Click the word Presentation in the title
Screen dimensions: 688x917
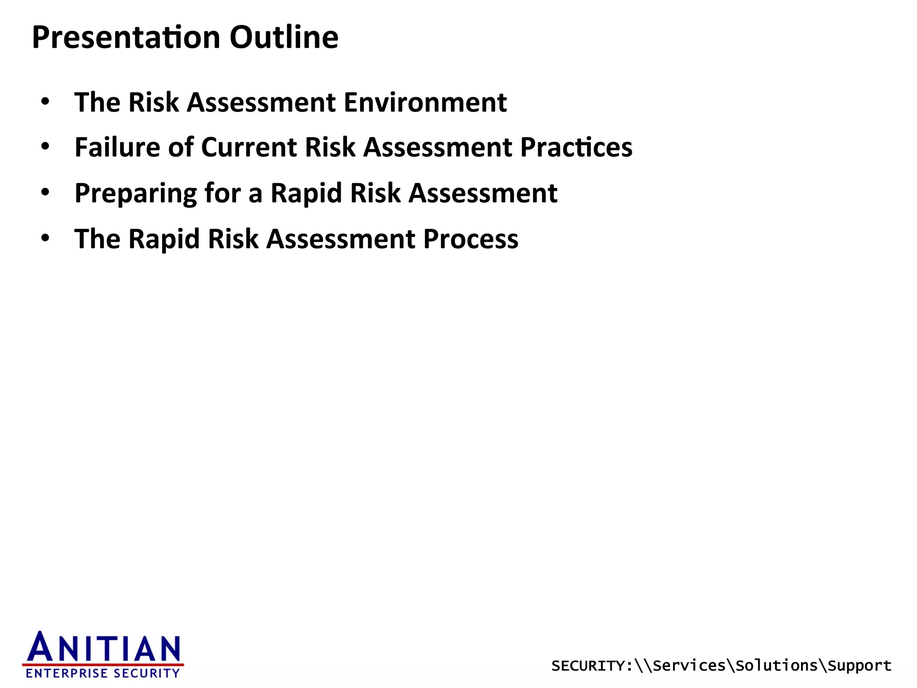pyautogui.click(x=126, y=38)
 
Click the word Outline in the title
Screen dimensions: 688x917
pyautogui.click(x=284, y=38)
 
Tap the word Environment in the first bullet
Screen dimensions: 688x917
pyautogui.click(x=425, y=103)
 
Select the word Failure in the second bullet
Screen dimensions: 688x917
pyautogui.click(x=117, y=147)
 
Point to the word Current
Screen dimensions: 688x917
pyautogui.click(x=249, y=147)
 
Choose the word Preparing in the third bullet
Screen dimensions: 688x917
pyautogui.click(x=135, y=193)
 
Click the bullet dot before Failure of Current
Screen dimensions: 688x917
pyautogui.click(x=45, y=146)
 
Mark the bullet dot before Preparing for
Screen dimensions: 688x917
pyautogui.click(x=45, y=192)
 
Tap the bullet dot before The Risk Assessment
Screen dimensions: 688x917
pyautogui.click(x=45, y=102)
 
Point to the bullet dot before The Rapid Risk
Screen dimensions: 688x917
pyautogui.click(x=45, y=238)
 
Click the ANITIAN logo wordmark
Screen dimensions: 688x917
pyautogui.click(x=103, y=648)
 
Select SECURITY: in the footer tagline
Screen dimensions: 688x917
pyautogui.click(x=592, y=666)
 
